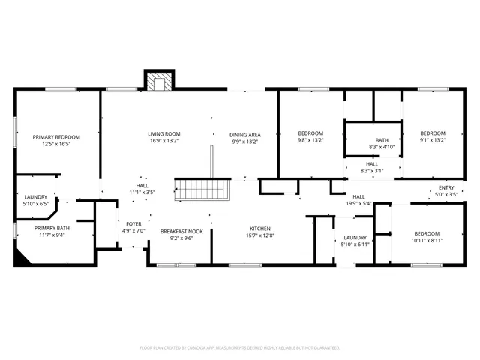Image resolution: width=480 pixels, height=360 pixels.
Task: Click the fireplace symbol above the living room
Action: pos(158,81)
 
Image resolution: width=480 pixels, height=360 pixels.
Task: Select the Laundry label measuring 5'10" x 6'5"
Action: pos(35,199)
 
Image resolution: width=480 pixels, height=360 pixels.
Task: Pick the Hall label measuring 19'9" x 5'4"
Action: pos(358,199)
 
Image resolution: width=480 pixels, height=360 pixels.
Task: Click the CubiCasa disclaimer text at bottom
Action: pos(240,347)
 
